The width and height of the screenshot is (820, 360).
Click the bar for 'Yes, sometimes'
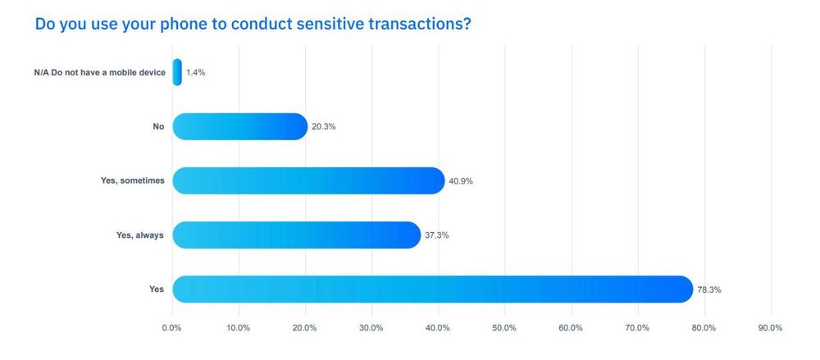coord(308,181)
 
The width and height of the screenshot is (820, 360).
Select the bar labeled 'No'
coord(239,126)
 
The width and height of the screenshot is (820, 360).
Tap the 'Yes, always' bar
coord(296,235)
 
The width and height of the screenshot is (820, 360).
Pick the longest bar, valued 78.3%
coord(432,289)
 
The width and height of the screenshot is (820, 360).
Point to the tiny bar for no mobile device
coord(177,72)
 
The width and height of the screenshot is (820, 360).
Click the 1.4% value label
coord(195,73)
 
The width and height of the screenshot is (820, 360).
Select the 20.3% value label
coord(324,127)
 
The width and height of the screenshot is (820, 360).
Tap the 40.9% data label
coord(460,181)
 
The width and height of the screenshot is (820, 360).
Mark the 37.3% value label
coord(436,235)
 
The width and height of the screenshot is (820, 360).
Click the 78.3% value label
coord(709,289)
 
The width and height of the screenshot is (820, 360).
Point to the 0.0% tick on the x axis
coord(172,328)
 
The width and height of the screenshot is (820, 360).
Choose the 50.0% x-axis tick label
coord(504,328)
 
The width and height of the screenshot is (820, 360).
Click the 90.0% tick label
coord(770,328)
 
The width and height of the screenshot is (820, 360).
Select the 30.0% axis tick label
coord(371,328)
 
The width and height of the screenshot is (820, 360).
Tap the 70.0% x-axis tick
coord(637,328)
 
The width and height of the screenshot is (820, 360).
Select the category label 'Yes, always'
coord(140,235)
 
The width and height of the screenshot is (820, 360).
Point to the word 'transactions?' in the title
coord(420,24)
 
